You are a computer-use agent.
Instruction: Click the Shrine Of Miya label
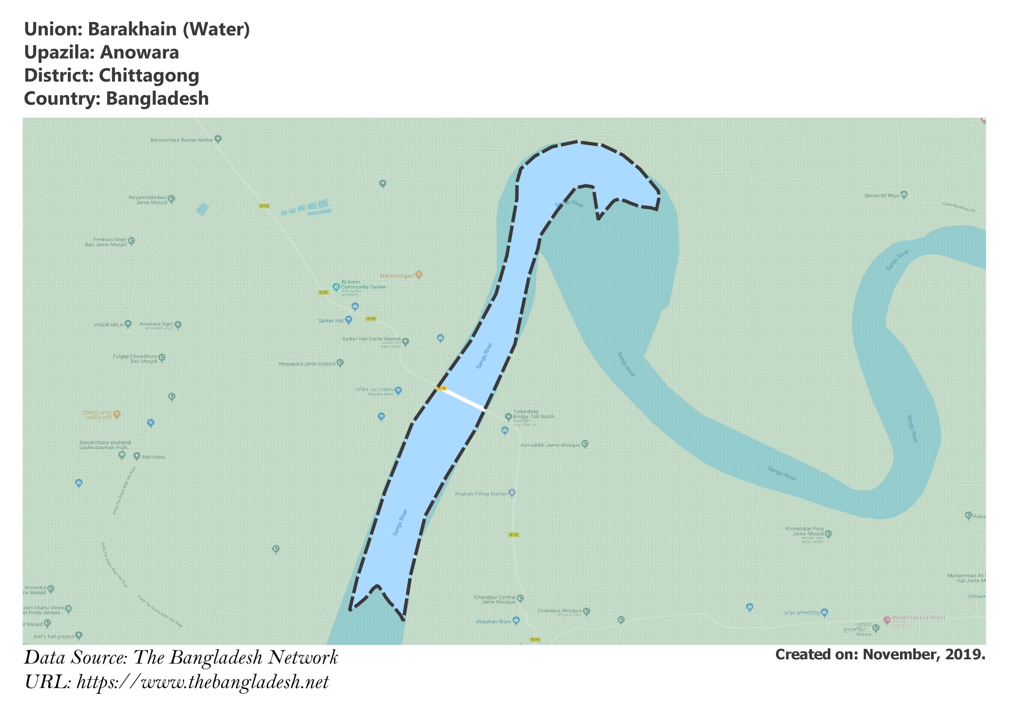[882, 196]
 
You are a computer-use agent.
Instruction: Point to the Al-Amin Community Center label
[363, 285]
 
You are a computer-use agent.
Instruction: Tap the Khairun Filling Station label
[481, 494]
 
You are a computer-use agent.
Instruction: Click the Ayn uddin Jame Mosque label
[550, 445]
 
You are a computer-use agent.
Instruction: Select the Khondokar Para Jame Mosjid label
[805, 532]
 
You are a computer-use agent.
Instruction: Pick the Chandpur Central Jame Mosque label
[495, 600]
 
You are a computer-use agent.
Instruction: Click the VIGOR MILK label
[109, 325]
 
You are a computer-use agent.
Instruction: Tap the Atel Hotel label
[153, 457]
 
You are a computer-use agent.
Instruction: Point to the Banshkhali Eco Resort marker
[887, 620]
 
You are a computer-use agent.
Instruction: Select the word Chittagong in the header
[149, 76]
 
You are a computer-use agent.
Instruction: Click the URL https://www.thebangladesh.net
[202, 682]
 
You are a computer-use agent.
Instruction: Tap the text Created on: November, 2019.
[880, 655]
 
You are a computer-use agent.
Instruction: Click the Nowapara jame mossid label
[307, 364]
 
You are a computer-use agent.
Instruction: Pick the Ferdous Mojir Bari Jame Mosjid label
[105, 242]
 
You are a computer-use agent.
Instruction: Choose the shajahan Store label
[493, 621]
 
